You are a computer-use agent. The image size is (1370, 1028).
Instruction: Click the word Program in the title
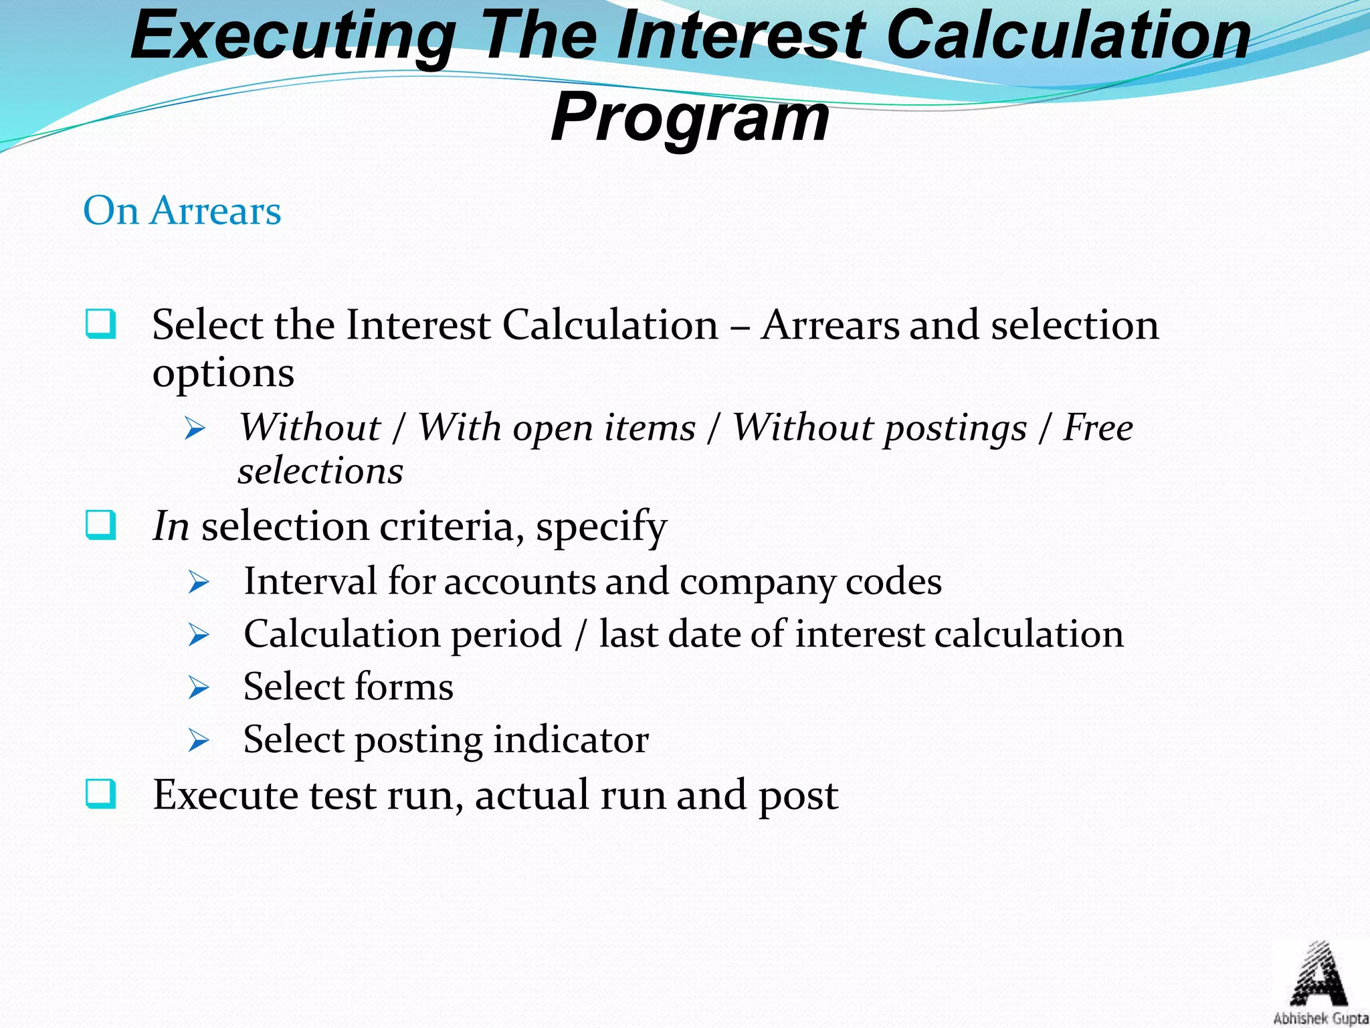(x=690, y=118)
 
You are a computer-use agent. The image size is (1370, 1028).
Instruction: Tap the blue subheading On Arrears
(x=182, y=211)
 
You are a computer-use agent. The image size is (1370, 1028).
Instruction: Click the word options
(x=223, y=373)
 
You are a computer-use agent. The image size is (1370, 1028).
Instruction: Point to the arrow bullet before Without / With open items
(x=195, y=429)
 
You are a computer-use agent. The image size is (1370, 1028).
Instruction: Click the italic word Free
(x=1098, y=427)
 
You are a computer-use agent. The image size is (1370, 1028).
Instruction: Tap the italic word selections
(x=320, y=470)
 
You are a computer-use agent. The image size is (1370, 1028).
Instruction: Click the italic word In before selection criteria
(x=171, y=526)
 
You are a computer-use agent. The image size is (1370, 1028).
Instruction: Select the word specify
(x=601, y=527)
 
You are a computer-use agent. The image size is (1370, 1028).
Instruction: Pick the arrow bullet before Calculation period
(x=199, y=634)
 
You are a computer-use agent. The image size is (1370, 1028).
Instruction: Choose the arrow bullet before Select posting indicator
(x=199, y=741)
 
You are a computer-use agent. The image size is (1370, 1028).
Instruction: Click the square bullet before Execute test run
(x=101, y=794)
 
